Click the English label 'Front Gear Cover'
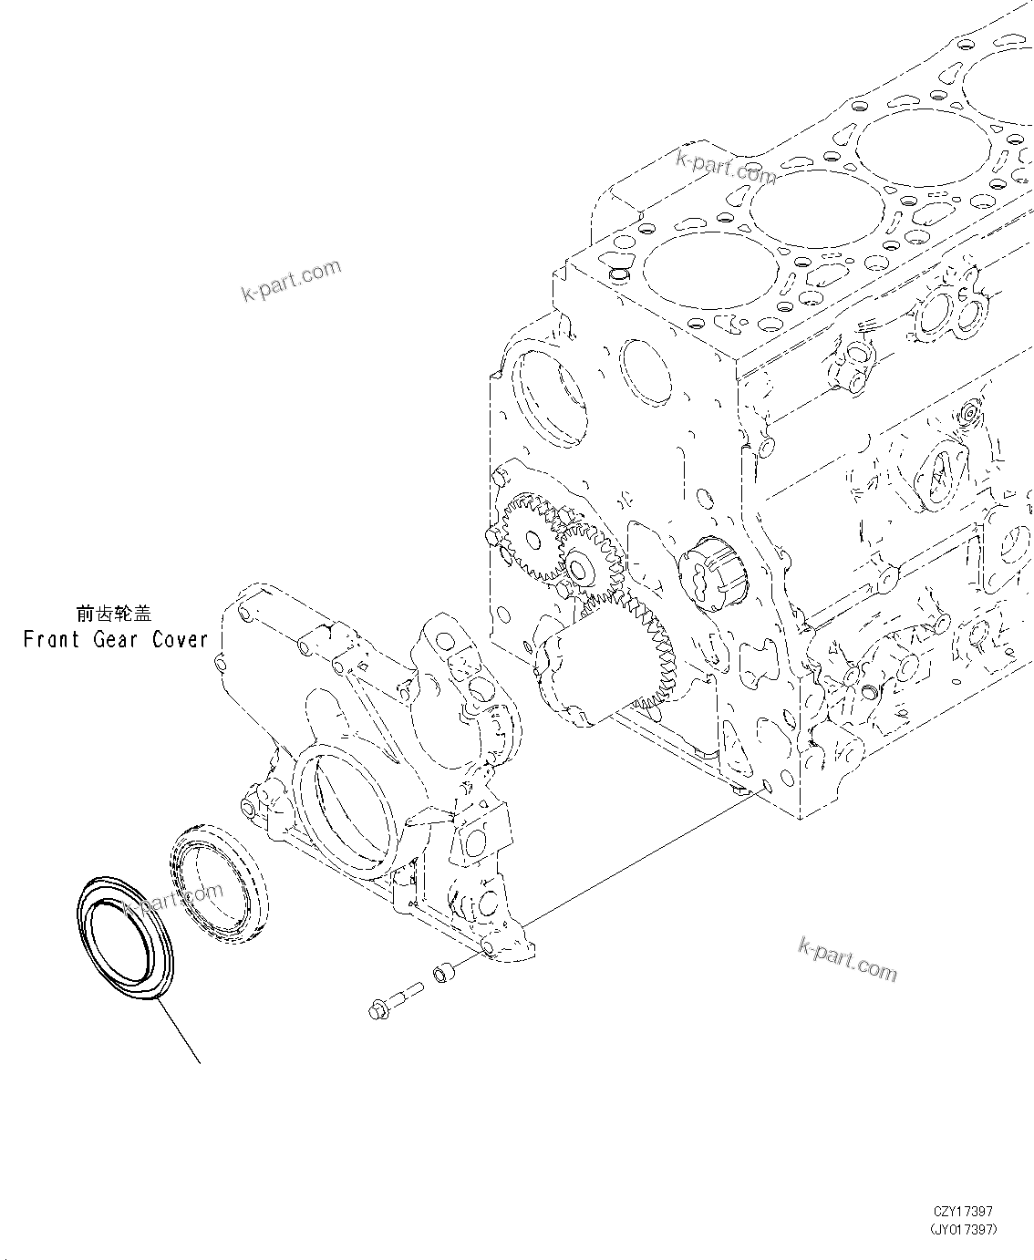pos(116,639)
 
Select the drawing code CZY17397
pos(963,1211)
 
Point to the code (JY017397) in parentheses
pos(963,1229)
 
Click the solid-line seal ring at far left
pos(121,939)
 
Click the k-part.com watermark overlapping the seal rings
pos(179,897)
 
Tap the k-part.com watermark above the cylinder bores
pos(726,165)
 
